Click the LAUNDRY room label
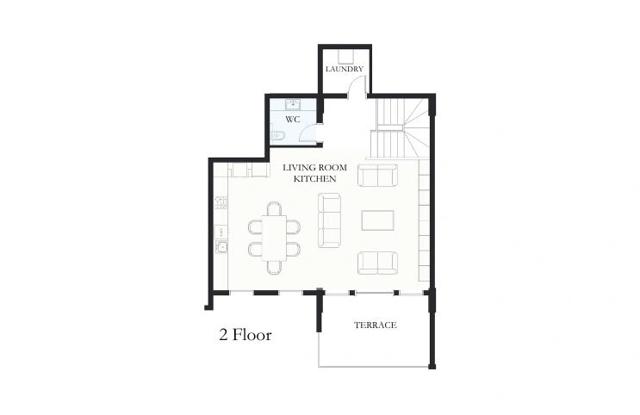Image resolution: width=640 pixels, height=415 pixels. point(345,69)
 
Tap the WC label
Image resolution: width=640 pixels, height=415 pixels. point(293,120)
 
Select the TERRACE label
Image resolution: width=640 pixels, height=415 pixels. point(375,325)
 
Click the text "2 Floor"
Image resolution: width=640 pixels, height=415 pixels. point(245,335)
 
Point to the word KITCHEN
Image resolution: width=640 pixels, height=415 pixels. point(315,179)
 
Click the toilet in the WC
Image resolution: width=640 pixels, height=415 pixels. point(277,135)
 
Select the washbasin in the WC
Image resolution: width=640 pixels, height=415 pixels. point(293,104)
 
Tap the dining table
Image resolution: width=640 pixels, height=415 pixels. point(274,238)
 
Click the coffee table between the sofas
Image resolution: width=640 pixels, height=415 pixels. point(377,220)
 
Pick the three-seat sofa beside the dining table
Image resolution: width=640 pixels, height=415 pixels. point(329,220)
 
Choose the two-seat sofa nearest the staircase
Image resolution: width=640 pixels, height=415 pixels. point(377,175)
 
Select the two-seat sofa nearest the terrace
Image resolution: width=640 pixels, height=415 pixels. point(377,263)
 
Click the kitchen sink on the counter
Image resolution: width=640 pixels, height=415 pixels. point(221,246)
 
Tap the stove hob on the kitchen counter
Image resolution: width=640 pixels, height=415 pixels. point(221,203)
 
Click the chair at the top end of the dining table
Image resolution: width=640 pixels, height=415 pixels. point(274,208)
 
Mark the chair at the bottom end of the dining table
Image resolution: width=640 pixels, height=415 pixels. point(274,267)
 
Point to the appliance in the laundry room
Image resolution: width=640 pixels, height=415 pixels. point(346,57)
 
